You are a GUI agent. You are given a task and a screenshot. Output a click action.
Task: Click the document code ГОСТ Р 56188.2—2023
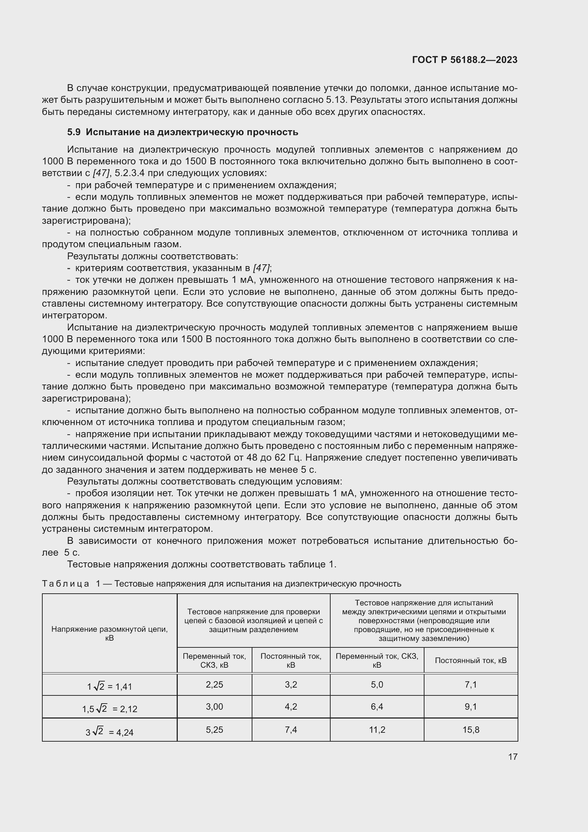465,60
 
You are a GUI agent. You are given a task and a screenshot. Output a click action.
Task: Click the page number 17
513,757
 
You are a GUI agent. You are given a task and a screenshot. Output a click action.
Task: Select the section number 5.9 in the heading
74,132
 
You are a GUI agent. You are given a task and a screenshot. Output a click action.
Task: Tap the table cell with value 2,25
214,684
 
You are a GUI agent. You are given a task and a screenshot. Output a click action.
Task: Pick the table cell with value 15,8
471,730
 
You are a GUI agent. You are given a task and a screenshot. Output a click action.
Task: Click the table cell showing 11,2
377,730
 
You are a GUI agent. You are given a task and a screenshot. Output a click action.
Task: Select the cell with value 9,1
471,707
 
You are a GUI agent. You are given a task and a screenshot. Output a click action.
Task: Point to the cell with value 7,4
291,730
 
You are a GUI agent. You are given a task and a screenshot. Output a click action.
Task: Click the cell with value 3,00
214,707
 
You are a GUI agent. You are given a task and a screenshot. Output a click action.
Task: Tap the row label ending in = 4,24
109,732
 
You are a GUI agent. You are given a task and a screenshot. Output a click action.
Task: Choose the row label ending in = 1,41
109,686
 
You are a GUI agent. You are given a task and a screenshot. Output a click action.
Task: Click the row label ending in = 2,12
109,709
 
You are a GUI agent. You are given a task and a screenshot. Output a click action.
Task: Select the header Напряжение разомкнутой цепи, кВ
109,633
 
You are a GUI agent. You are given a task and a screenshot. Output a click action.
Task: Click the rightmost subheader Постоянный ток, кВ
471,660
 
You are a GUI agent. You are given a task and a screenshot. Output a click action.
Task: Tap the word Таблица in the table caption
65,584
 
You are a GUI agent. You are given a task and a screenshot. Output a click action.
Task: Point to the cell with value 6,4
377,707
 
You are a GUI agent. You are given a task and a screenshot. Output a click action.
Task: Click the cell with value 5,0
377,684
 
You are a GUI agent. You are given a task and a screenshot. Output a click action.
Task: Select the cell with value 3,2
291,684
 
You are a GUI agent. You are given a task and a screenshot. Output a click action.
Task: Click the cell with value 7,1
471,684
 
